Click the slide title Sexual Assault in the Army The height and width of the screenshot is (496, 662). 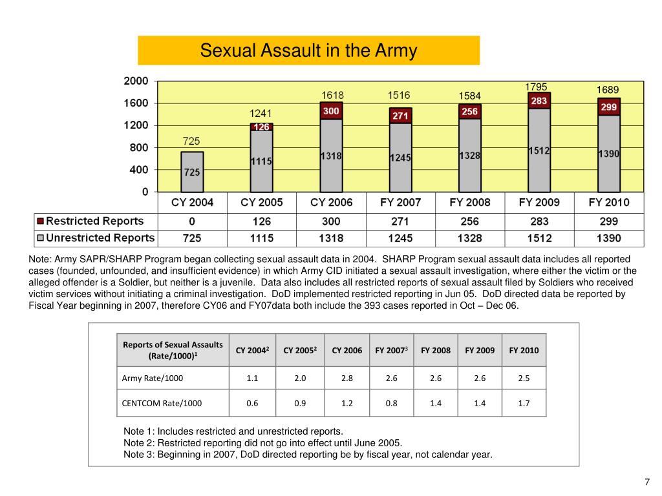click(308, 50)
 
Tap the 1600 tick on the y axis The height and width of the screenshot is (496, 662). click(136, 103)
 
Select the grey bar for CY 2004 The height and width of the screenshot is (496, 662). click(192, 172)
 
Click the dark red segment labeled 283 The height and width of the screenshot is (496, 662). click(539, 101)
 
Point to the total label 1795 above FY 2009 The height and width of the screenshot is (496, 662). click(536, 87)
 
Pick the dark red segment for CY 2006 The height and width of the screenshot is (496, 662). click(332, 111)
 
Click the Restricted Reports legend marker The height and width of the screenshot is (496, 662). click(41, 221)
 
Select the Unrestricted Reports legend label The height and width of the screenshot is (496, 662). click(100, 238)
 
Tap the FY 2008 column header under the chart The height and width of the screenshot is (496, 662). click(470, 202)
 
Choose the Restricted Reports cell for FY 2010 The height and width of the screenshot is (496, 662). click(609, 222)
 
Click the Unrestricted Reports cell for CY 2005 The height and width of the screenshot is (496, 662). click(262, 238)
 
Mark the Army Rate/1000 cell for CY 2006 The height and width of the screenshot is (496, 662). click(347, 378)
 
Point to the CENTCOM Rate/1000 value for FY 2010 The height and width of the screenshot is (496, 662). click(524, 403)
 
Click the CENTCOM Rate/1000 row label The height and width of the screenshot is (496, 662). click(162, 403)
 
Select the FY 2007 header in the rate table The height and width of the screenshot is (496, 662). click(391, 350)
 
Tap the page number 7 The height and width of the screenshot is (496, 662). click(647, 482)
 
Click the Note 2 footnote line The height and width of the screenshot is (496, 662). click(262, 443)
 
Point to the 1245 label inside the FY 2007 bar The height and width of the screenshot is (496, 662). click(400, 158)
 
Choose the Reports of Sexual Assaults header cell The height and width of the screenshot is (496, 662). click(173, 350)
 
